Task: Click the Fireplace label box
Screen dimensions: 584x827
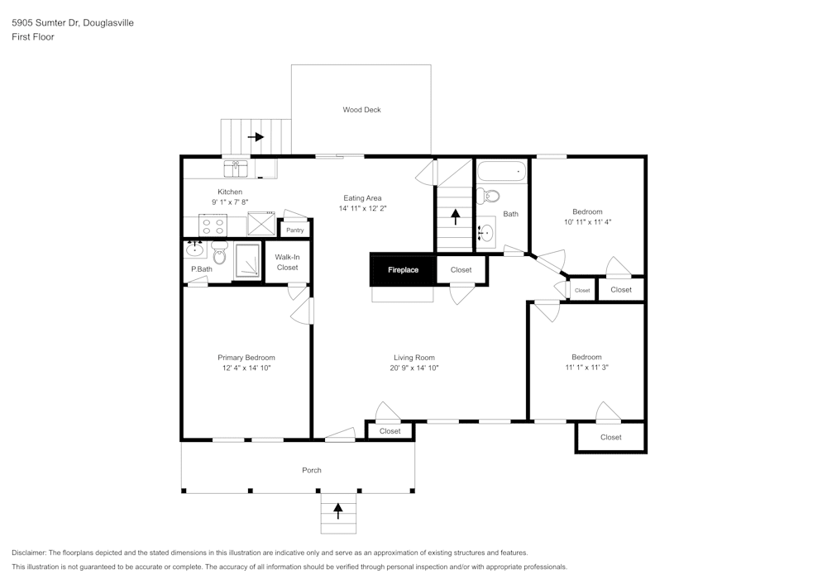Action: click(403, 270)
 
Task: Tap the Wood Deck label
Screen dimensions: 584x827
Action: click(361, 110)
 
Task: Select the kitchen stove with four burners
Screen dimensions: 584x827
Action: click(213, 225)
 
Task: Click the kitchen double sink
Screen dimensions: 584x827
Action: click(237, 169)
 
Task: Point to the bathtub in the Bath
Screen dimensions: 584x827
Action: click(501, 173)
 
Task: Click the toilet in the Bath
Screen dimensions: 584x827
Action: click(489, 197)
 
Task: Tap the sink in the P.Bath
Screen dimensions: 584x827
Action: click(195, 249)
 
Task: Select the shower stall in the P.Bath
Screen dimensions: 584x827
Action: click(247, 260)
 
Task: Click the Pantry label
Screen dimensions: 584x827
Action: click(295, 230)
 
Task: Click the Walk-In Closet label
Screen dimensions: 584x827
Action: click(287, 262)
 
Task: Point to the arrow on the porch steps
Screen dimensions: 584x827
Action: click(337, 511)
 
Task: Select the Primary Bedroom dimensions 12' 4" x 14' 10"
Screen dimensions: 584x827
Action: click(246, 368)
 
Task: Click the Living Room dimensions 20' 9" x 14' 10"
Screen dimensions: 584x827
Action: click(414, 368)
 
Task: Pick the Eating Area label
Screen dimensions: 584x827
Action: click(362, 198)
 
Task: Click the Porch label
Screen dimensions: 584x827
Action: click(311, 470)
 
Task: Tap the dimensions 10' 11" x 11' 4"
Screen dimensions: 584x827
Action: click(587, 222)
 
